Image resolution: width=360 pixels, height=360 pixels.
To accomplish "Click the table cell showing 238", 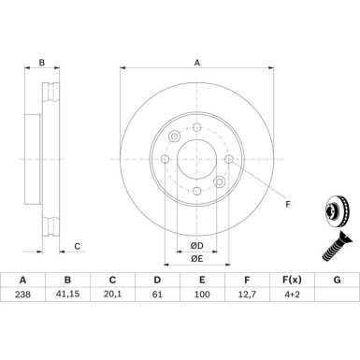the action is click(22, 295).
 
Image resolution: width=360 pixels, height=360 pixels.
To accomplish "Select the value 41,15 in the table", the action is click(67, 295).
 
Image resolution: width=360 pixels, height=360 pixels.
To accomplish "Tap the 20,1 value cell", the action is click(112, 295).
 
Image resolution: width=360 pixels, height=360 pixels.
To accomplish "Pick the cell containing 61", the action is click(157, 295).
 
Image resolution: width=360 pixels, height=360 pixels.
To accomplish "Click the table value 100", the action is click(202, 295).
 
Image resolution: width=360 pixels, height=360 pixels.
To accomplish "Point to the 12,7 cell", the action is click(247, 295).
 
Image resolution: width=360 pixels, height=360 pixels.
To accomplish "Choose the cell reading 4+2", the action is click(292, 295).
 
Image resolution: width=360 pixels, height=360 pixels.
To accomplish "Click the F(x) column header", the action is click(292, 280).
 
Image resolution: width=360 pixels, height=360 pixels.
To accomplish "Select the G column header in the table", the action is click(337, 280).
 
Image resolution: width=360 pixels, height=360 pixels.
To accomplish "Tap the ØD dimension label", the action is click(196, 246).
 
